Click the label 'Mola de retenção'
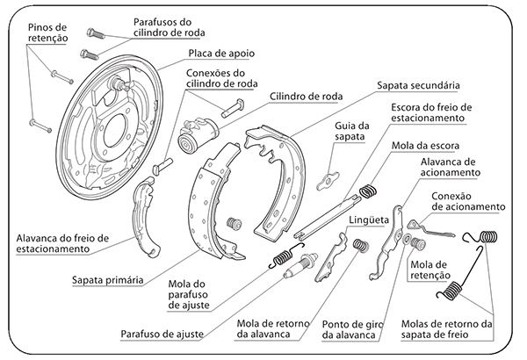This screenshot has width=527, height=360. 430,270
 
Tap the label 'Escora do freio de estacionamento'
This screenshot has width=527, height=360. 427,112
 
